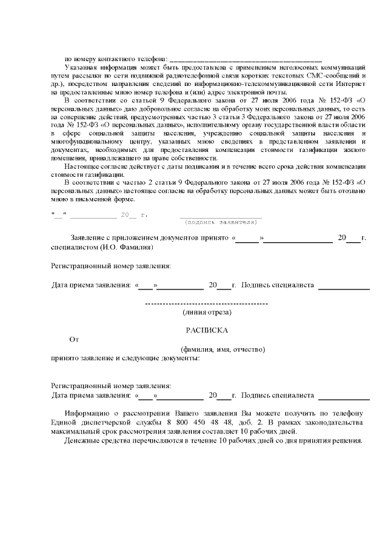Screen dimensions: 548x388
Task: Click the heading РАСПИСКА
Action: [206, 330]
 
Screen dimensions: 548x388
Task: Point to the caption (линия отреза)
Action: [207, 312]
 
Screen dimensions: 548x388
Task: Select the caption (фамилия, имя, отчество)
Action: [223, 349]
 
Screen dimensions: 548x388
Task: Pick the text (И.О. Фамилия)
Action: [127, 247]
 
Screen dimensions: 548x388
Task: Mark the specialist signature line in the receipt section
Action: [344, 399]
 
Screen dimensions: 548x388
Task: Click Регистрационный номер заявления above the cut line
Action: [111, 266]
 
